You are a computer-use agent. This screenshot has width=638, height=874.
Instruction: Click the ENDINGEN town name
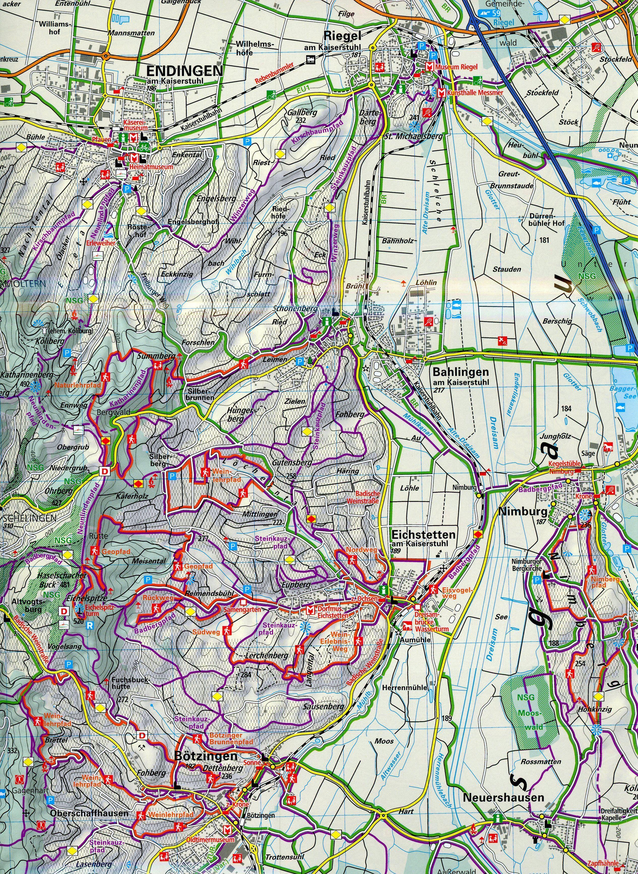pyautogui.click(x=185, y=70)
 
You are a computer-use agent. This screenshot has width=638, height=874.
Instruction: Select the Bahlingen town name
pyautogui.click(x=460, y=372)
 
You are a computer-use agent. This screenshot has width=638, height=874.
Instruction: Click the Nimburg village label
pyautogui.click(x=523, y=512)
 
